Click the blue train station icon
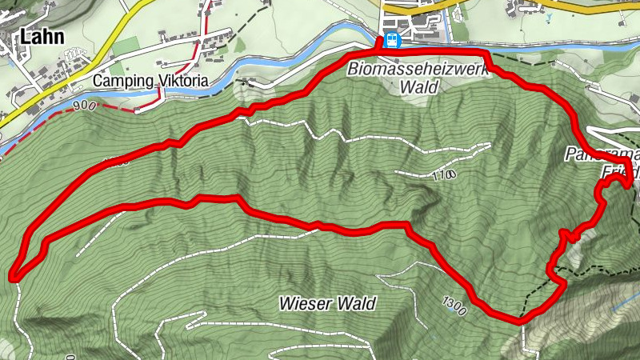391,41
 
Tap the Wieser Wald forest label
327,304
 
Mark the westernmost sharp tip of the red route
14,276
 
